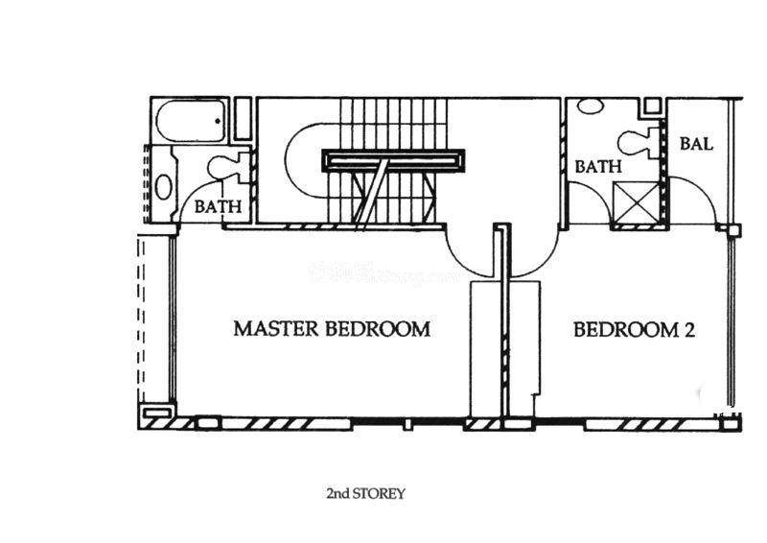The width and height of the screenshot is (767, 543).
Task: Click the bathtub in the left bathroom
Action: pyautogui.click(x=189, y=121)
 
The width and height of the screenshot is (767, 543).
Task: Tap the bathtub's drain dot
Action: pyautogui.click(x=219, y=122)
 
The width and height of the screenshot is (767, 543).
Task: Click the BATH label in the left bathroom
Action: pyautogui.click(x=218, y=206)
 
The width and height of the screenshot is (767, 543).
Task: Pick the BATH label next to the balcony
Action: pyautogui.click(x=598, y=167)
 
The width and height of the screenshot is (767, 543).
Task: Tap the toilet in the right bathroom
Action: pyautogui.click(x=636, y=143)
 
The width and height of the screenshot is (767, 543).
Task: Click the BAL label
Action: pyautogui.click(x=696, y=145)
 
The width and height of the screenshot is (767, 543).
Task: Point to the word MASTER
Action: pyautogui.click(x=277, y=329)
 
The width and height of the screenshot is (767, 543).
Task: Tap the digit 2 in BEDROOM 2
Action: pyautogui.click(x=687, y=330)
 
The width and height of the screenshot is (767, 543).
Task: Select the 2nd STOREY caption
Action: pyautogui.click(x=366, y=494)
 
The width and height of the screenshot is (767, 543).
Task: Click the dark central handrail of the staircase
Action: pyautogui.click(x=395, y=159)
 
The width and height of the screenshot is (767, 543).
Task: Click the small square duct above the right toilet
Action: pyautogui.click(x=652, y=106)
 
